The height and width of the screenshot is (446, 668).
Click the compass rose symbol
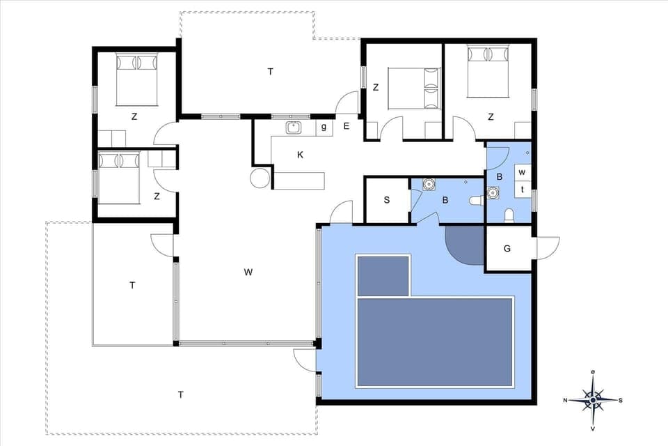click(x=592, y=400)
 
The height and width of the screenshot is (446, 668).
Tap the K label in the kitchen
click(x=300, y=155)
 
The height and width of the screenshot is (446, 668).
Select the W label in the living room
click(x=248, y=272)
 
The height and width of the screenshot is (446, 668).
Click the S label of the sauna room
click(x=387, y=200)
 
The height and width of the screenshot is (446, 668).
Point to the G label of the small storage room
click(x=507, y=248)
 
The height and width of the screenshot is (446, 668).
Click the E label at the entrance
click(x=347, y=126)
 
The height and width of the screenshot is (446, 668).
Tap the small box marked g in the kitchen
click(x=324, y=128)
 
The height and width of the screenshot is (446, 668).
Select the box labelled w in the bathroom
click(x=523, y=172)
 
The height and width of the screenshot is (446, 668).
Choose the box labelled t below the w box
click(x=523, y=189)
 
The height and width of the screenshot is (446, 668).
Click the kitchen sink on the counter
click(x=294, y=128)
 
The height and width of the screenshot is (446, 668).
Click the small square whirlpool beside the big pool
click(x=383, y=275)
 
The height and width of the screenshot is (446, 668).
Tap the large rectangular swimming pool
click(x=435, y=341)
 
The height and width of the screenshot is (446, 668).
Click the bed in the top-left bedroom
click(x=136, y=78)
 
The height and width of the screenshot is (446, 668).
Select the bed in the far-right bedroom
click(x=488, y=70)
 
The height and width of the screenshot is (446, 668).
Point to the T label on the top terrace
click(x=270, y=71)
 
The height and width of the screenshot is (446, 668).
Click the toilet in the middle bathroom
click(x=477, y=201)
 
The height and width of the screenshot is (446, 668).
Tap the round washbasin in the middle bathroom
click(x=429, y=185)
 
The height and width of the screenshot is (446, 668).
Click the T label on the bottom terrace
click(x=180, y=395)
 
